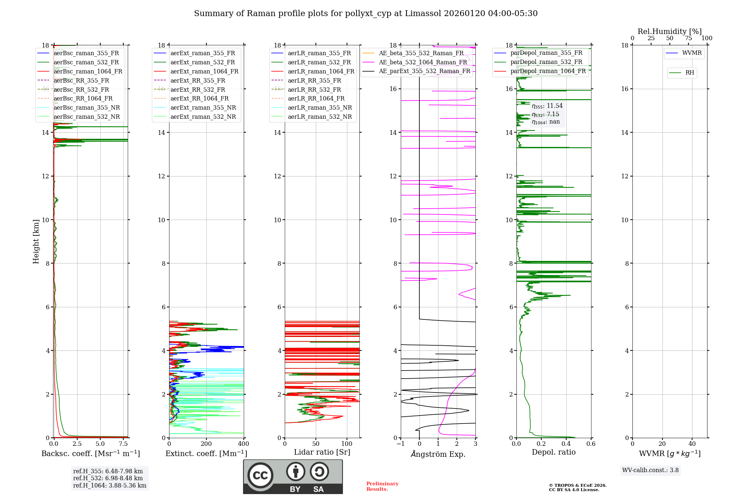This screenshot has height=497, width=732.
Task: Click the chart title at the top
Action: [x=366, y=14]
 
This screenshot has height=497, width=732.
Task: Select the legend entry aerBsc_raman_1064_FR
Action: [x=88, y=72]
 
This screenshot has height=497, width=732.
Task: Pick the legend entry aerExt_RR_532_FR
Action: [x=198, y=90]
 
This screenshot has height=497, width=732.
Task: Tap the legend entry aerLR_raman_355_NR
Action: [x=320, y=107]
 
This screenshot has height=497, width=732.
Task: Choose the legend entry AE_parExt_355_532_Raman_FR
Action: [x=424, y=71]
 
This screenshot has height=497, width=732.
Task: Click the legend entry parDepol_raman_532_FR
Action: [x=546, y=62]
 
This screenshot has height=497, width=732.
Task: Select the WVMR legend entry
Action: [x=691, y=53]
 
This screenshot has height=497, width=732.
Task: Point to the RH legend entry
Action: [x=690, y=73]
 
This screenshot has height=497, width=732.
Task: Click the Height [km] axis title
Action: [x=36, y=241]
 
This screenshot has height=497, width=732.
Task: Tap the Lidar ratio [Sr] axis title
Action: [x=322, y=452]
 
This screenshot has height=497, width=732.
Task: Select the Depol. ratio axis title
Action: [x=553, y=452]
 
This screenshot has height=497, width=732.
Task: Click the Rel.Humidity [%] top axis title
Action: [x=669, y=31]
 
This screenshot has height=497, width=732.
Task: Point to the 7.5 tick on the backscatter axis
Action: [x=123, y=444]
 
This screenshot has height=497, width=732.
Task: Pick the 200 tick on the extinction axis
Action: [x=206, y=444]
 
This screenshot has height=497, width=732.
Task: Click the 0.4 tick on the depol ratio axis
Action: [x=566, y=444]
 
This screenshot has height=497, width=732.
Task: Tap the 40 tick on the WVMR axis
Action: [x=692, y=444]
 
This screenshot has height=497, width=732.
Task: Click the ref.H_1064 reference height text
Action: [x=109, y=486]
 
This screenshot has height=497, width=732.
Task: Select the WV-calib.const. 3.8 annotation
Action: [x=650, y=470]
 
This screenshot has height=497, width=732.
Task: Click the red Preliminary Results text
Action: [x=382, y=486]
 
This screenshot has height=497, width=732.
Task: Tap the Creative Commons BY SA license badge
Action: [x=293, y=477]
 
